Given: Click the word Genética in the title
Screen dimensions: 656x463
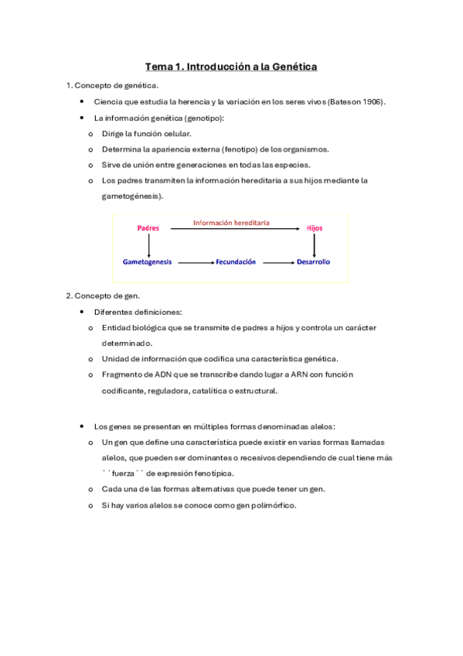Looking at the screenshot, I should point(290,67).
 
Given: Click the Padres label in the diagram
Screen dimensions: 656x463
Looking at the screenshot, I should point(148,228).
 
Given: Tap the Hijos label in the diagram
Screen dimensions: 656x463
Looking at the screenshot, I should point(314,228).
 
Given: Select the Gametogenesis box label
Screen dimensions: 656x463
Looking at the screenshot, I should point(147,262).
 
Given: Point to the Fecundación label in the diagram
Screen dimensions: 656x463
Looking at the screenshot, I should point(236,262).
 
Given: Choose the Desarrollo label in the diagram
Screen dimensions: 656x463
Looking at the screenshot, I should point(313,262).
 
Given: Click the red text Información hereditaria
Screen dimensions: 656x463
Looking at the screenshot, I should point(231,222).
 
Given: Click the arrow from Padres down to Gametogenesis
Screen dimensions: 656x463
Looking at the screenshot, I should point(148,245).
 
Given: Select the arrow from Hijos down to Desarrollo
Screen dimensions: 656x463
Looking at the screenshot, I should point(314,245).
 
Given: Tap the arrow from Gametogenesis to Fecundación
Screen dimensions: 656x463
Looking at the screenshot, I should point(196,263).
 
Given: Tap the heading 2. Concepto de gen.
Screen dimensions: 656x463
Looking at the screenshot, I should point(102,296).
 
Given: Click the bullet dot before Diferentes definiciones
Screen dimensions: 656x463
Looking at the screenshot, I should point(81,312).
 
